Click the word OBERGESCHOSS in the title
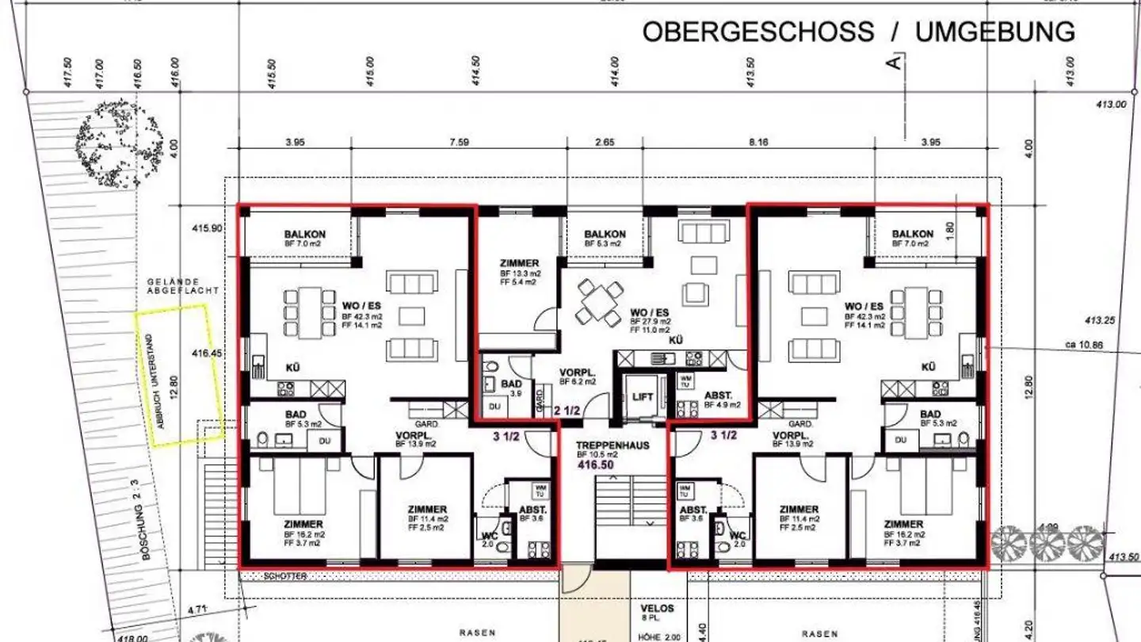757,32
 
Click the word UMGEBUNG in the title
995,32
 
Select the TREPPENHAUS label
613,445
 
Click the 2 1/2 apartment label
568,411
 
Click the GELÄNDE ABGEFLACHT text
183,286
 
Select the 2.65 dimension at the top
605,143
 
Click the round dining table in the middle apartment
600,301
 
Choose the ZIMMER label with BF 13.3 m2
519,263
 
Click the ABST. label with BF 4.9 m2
718,395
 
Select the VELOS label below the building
657,608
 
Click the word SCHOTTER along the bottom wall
285,576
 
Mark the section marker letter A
896,62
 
